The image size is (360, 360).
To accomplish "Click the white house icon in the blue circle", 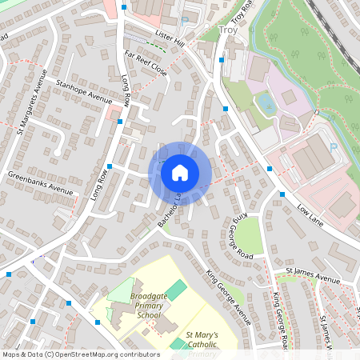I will tap(180, 173).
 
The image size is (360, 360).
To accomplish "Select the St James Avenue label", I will tap(318, 279).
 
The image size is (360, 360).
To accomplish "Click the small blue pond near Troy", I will tap(266, 102).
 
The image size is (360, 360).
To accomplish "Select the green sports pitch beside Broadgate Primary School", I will tap(176, 290).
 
